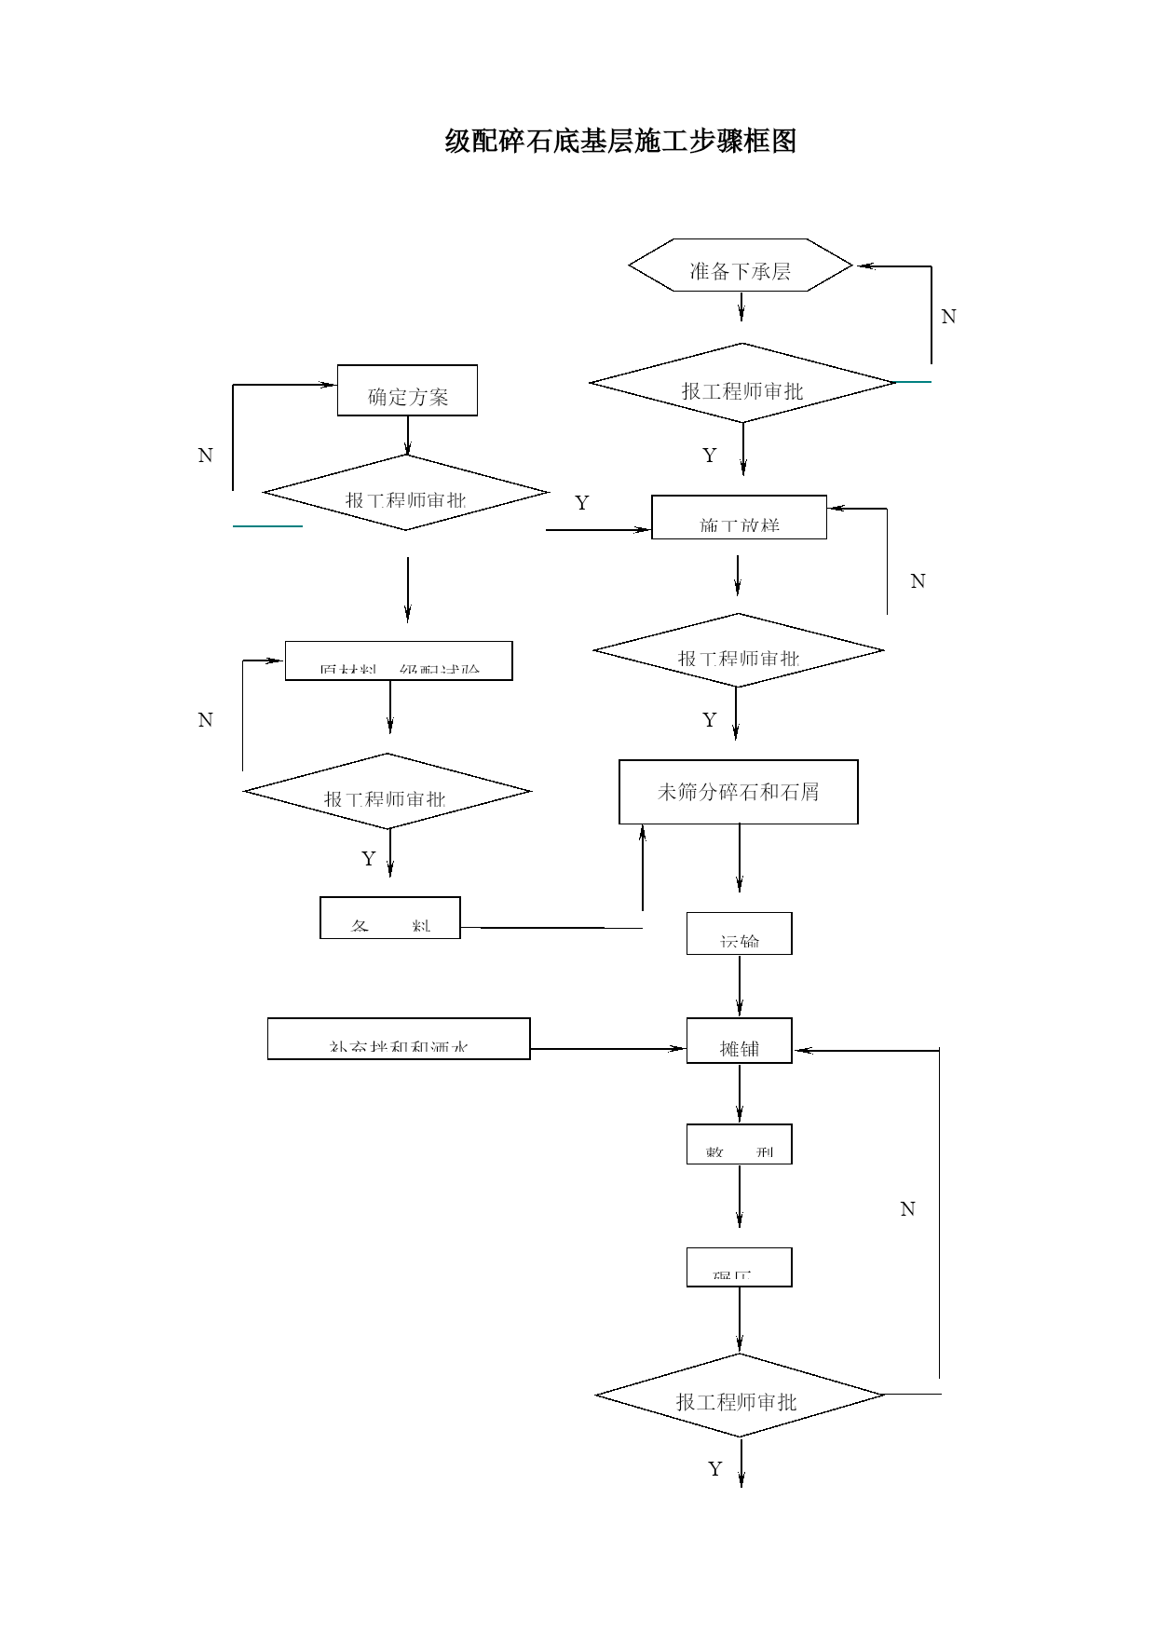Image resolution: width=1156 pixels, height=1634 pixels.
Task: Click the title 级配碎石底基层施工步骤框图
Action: click(620, 141)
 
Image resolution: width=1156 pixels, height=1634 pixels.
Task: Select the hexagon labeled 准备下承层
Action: click(741, 266)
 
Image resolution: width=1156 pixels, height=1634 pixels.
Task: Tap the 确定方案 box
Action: click(407, 390)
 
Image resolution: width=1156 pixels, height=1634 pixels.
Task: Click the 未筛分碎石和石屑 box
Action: click(738, 792)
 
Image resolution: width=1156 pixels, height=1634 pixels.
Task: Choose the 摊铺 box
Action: click(740, 1041)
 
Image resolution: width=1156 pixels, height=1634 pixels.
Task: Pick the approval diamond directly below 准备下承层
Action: click(742, 383)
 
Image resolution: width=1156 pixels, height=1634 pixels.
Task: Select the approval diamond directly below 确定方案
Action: click(406, 493)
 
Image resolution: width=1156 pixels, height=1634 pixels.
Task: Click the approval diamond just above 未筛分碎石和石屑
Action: click(738, 650)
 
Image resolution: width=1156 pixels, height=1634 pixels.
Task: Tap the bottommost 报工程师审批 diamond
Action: click(739, 1395)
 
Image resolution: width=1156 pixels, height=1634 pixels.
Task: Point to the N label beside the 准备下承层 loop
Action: click(948, 317)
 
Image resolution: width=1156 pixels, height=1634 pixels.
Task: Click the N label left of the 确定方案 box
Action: click(206, 456)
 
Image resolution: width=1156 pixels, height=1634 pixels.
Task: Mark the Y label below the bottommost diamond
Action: click(714, 1469)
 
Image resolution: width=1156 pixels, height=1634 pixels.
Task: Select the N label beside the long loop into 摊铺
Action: click(907, 1209)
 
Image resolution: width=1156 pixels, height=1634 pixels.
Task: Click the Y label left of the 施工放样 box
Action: click(582, 503)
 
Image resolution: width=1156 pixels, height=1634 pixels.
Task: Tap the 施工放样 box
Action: click(739, 517)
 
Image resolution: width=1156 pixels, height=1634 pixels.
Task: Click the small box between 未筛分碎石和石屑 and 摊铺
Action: click(740, 933)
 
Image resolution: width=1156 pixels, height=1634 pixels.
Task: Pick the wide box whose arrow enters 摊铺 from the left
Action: click(399, 1039)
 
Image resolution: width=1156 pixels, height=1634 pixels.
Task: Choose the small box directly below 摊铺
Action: click(740, 1144)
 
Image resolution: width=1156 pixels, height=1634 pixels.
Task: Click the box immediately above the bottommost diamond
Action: click(740, 1267)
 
